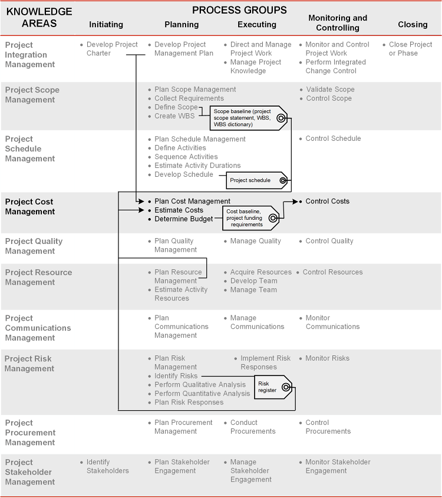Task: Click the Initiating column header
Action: [106, 25]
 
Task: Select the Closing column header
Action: [413, 25]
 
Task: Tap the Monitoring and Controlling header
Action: [338, 23]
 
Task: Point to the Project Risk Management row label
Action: [29, 364]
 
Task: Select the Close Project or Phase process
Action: [410, 49]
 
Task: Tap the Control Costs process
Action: [327, 202]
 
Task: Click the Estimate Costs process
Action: [179, 210]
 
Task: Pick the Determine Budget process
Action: [184, 219]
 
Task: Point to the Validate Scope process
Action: [330, 90]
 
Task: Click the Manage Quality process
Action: [255, 241]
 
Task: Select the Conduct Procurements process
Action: [253, 427]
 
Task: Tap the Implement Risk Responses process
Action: [265, 362]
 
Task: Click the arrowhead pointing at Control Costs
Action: [298, 202]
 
